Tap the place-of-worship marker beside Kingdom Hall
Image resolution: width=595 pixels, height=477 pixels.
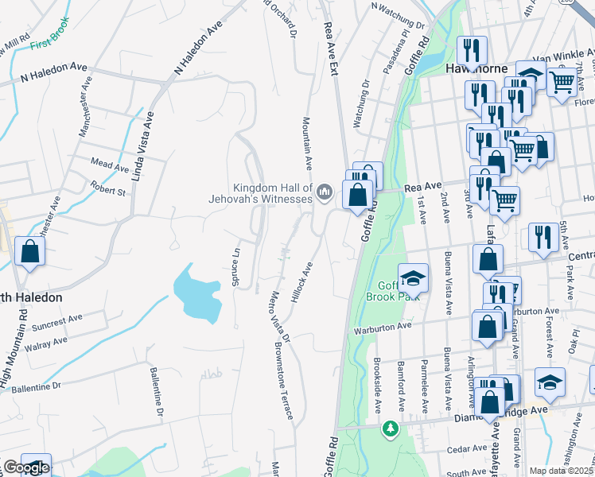pyautogui.click(x=325, y=192)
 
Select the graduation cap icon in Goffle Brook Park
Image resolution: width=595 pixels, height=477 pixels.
pyautogui.click(x=413, y=279)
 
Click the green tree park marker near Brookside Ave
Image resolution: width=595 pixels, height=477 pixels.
pyautogui.click(x=390, y=429)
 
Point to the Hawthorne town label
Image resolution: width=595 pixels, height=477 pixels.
pyautogui.click(x=476, y=68)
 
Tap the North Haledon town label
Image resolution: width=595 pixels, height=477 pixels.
pyautogui.click(x=32, y=297)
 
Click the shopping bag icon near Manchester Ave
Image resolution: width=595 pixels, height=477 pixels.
pyautogui.click(x=29, y=252)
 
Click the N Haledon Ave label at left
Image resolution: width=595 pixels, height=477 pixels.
pyautogui.click(x=52, y=75)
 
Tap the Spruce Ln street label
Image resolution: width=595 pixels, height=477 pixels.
pyautogui.click(x=235, y=266)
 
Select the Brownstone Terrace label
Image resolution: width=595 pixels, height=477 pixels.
pyautogui.click(x=284, y=382)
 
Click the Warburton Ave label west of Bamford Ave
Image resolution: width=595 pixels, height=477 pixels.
pyautogui.click(x=384, y=326)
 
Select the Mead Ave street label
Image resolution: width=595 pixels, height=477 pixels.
pyautogui.click(x=110, y=166)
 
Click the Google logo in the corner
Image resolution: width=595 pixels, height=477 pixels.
pyautogui.click(x=26, y=467)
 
